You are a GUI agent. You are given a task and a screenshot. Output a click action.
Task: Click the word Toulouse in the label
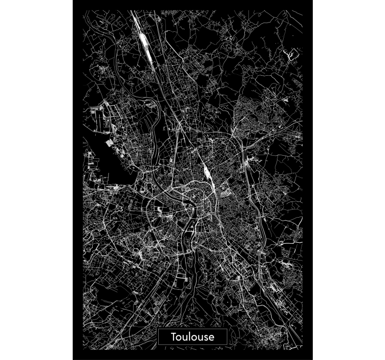(193, 336)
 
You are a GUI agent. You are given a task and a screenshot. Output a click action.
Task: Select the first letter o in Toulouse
(180, 337)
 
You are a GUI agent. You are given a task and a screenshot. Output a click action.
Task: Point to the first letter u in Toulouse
(185, 337)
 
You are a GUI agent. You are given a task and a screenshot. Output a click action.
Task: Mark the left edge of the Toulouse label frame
(158, 336)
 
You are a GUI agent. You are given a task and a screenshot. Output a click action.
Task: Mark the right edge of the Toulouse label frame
(227, 336)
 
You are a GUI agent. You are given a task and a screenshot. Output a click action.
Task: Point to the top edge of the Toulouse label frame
(193, 329)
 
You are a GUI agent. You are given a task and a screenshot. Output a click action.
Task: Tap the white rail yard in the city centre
(207, 175)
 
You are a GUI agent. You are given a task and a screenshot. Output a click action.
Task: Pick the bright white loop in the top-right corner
(292, 53)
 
